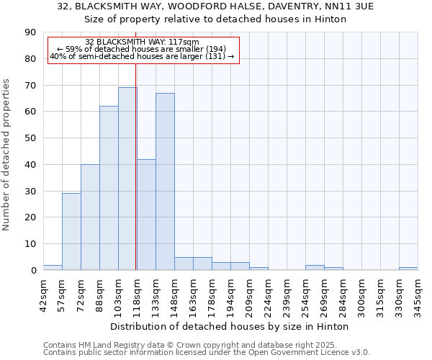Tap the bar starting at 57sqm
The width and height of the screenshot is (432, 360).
[71, 231]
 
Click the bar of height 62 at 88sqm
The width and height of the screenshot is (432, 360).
[109, 188]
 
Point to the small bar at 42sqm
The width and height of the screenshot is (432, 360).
[53, 267]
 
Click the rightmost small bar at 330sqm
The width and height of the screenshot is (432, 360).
[408, 269]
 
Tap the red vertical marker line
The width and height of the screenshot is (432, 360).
[136, 180]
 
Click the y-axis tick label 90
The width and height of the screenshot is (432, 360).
[30, 32]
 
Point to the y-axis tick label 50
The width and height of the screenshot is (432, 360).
[30, 138]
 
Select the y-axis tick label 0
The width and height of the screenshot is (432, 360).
[33, 270]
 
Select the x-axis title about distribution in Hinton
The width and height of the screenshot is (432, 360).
[230, 326]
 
